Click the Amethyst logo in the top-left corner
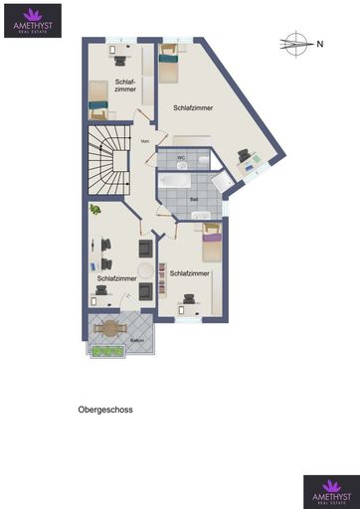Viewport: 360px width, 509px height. [x=32, y=19]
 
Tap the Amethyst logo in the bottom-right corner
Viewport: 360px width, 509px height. [x=329, y=491]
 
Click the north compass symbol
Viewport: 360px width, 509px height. [x=296, y=43]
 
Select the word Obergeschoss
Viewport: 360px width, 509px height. [x=105, y=409]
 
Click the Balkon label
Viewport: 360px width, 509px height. [x=136, y=340]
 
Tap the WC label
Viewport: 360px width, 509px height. [x=181, y=157]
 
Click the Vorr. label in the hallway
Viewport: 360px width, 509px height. [x=145, y=141]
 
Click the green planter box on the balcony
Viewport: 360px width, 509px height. [x=104, y=349]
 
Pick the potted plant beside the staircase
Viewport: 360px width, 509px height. [x=94, y=210]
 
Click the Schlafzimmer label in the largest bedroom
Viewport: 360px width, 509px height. [x=193, y=106]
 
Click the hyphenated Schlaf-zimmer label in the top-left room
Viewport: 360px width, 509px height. [x=125, y=85]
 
